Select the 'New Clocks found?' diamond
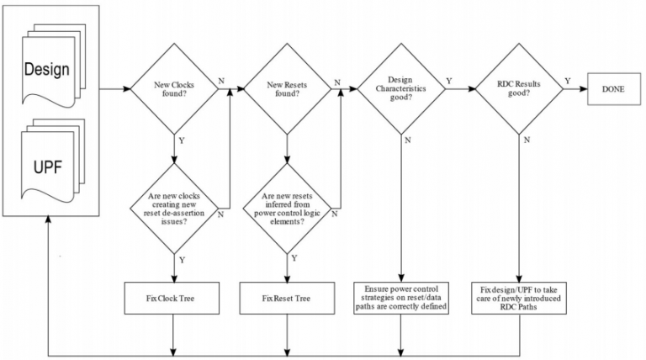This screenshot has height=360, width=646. (x=173, y=87)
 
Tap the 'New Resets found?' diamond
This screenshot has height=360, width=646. (x=287, y=87)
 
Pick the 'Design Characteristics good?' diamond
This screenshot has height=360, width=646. (x=402, y=87)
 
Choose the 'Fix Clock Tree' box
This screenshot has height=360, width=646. (x=173, y=298)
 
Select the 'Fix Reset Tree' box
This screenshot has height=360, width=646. (x=287, y=298)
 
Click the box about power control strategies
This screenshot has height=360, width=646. (x=402, y=297)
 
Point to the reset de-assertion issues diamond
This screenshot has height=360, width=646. (x=173, y=207)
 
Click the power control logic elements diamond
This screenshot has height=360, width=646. (x=287, y=207)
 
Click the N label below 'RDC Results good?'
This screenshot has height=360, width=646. (x=526, y=140)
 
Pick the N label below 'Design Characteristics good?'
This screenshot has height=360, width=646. (x=410, y=140)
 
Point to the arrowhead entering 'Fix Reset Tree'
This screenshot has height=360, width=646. (x=287, y=280)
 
